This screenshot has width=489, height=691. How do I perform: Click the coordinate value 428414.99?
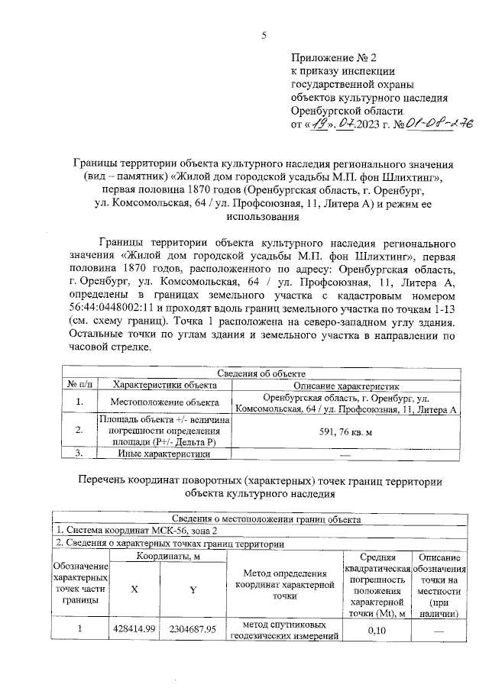coord(134,628)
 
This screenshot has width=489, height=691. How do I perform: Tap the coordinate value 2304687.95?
coord(193,628)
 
